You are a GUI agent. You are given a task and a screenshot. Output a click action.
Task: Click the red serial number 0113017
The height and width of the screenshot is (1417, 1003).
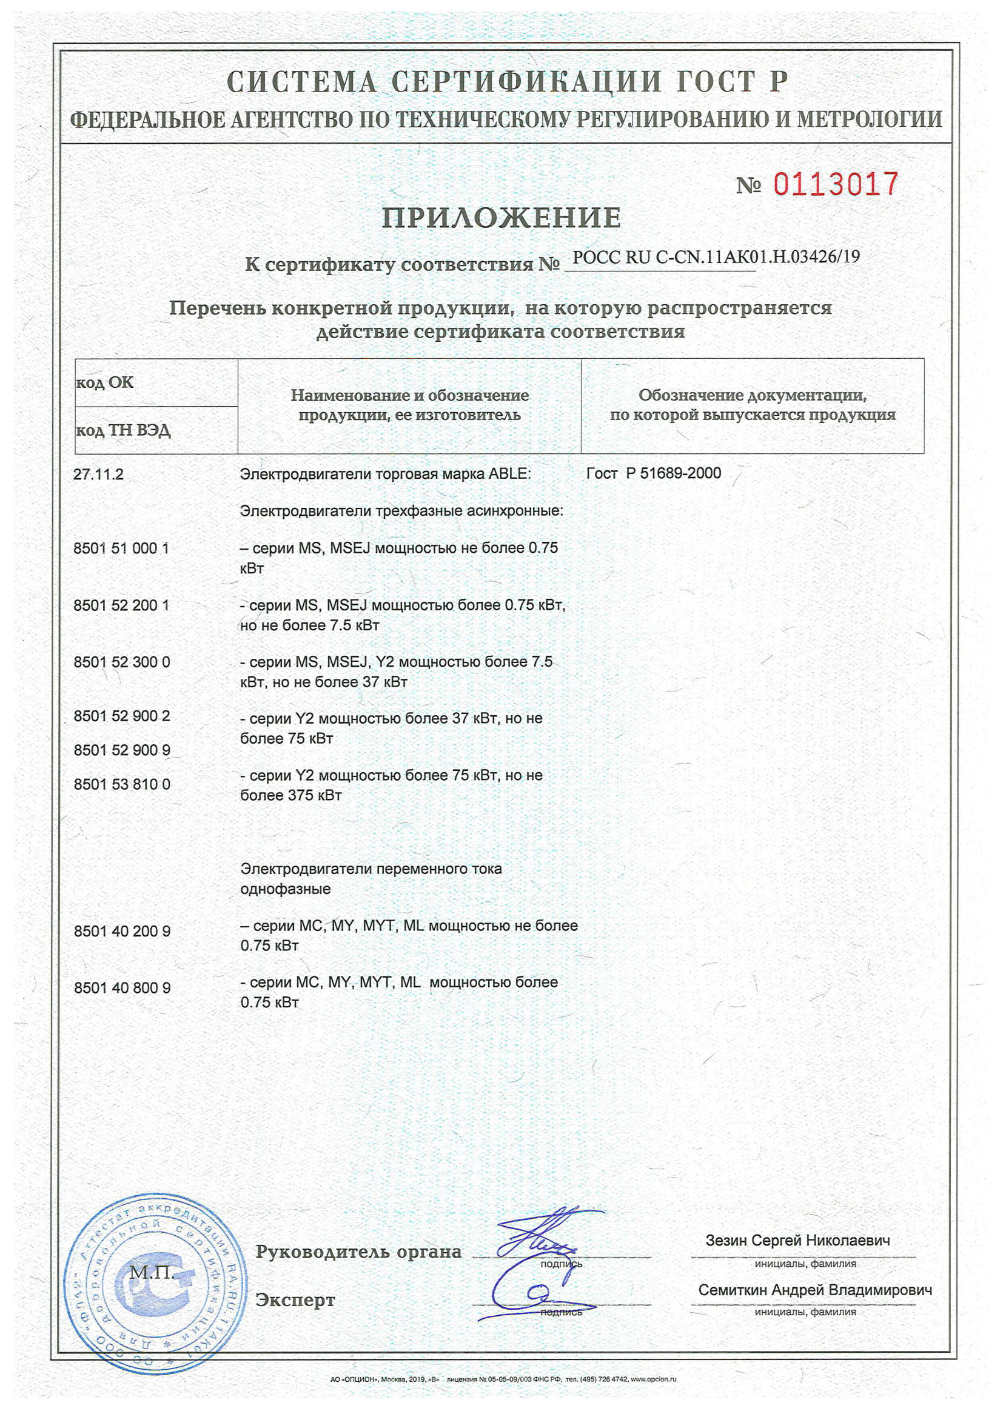836,184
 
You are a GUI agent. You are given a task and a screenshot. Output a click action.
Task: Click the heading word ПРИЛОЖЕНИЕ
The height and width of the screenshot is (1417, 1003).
501,218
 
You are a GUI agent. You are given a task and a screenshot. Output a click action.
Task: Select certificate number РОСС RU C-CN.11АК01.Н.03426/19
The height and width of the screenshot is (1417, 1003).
716,257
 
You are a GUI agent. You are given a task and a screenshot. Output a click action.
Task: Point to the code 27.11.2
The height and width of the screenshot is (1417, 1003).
98,474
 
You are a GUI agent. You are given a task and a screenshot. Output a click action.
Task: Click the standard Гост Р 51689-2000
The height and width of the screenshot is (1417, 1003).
654,473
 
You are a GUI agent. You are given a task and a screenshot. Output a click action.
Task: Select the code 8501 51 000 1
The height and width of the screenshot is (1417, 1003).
121,548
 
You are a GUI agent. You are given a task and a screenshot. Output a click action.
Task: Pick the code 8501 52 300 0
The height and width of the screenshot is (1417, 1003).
122,662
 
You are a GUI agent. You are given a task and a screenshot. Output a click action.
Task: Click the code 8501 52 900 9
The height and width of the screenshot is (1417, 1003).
122,750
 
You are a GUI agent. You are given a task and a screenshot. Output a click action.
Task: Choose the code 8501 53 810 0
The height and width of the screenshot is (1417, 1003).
122,784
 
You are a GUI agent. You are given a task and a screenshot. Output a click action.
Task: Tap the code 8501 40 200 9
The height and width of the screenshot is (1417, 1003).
122,932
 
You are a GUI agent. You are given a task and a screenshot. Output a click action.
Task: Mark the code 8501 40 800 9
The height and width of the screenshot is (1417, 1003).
122,988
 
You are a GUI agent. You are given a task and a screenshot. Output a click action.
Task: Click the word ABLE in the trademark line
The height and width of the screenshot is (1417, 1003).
509,474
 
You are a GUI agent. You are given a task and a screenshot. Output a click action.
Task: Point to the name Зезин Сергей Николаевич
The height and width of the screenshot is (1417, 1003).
797,1241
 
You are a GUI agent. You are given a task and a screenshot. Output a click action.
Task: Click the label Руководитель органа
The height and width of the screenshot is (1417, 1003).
358,1252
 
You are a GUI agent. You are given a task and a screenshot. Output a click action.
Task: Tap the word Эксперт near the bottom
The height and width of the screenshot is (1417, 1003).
295,1301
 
